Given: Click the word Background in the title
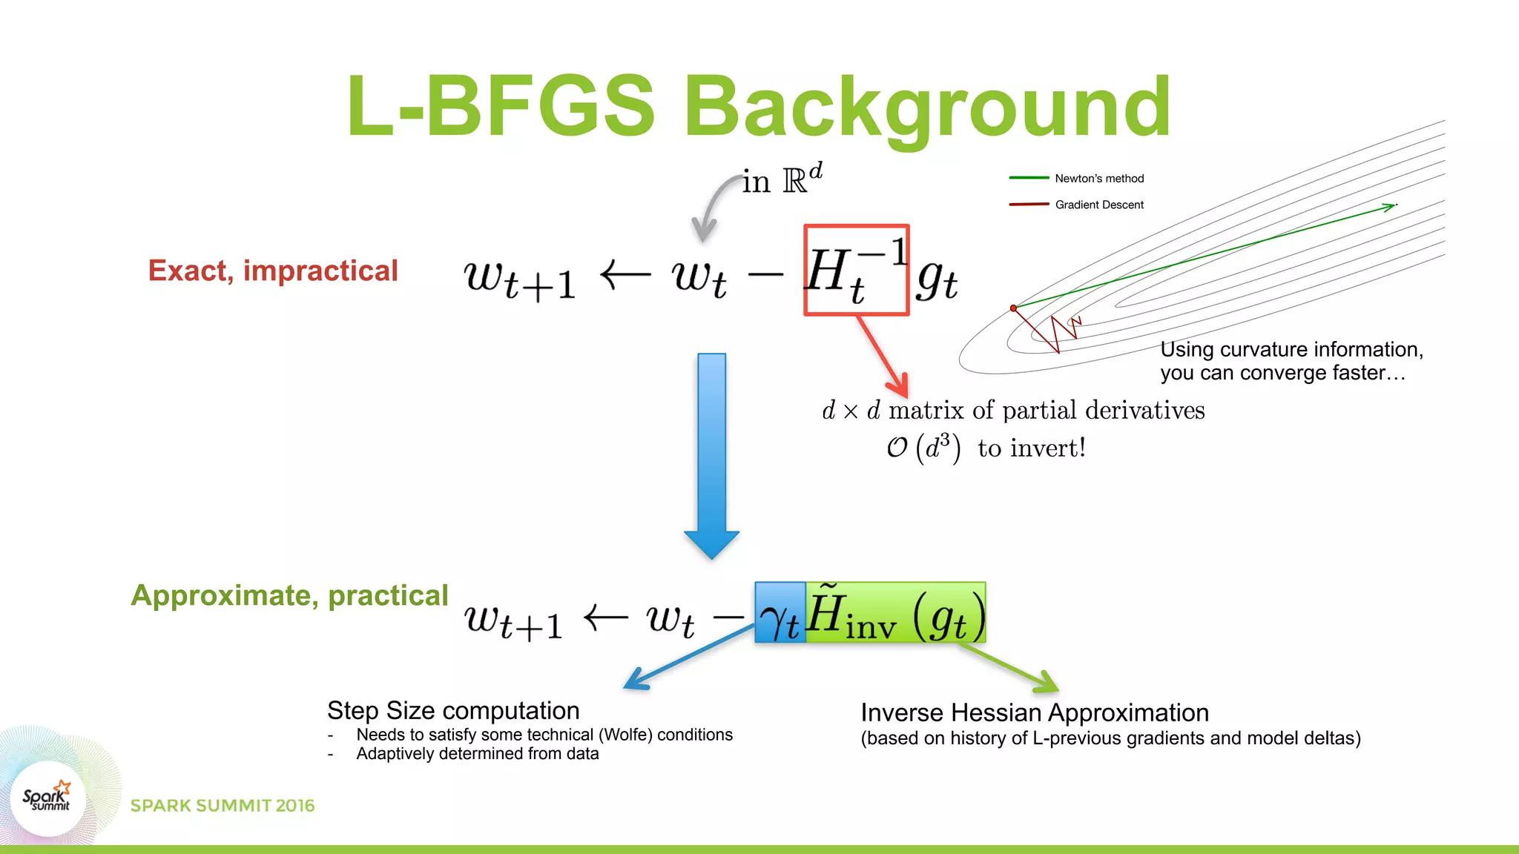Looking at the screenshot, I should click(x=926, y=107).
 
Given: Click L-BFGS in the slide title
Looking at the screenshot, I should click(x=501, y=107).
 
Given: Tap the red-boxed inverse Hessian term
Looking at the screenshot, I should click(x=856, y=271).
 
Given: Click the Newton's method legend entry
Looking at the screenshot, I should click(x=1098, y=179).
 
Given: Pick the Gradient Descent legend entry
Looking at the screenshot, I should click(x=1098, y=205).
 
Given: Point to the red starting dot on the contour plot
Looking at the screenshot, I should click(x=1013, y=308).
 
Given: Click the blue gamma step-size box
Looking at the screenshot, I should click(x=780, y=613).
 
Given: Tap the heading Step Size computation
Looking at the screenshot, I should click(x=453, y=710).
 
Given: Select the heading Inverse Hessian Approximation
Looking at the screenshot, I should click(x=1035, y=712).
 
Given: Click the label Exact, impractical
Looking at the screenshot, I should click(x=273, y=271).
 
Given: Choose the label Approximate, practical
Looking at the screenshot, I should click(x=289, y=595).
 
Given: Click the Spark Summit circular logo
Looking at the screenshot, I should click(x=48, y=798).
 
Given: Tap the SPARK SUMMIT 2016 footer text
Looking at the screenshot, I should click(x=223, y=806).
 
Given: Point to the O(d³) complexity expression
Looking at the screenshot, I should click(x=923, y=448).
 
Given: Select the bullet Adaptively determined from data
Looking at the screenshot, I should click(x=477, y=754).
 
